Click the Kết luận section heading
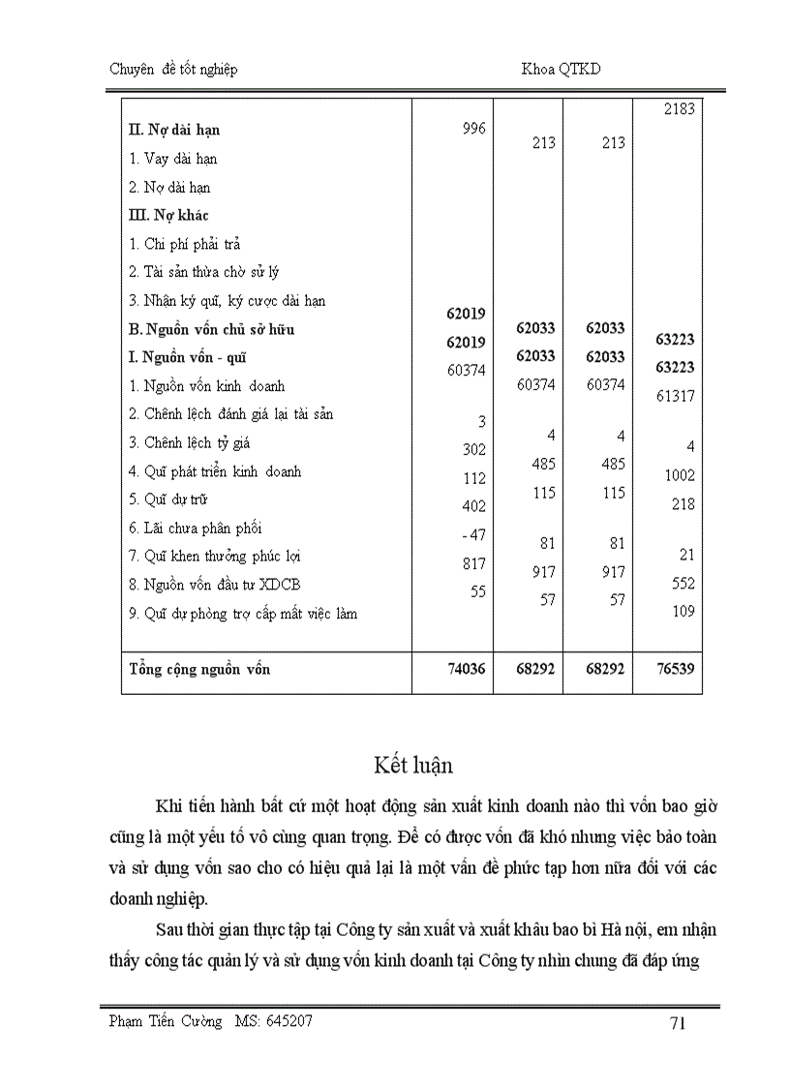(412, 765)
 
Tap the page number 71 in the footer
(678, 1023)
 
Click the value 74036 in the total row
(466, 669)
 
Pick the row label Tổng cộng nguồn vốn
(199, 669)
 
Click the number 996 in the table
(473, 129)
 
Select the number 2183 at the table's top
(679, 109)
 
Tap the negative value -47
(470, 534)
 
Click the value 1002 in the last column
(680, 476)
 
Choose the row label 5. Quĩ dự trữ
(168, 499)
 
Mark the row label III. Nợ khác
(168, 215)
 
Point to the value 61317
(676, 396)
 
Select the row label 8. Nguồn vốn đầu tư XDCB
(207, 585)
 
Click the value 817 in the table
(472, 563)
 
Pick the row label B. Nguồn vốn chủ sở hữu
(211, 329)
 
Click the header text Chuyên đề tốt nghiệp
(169, 69)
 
